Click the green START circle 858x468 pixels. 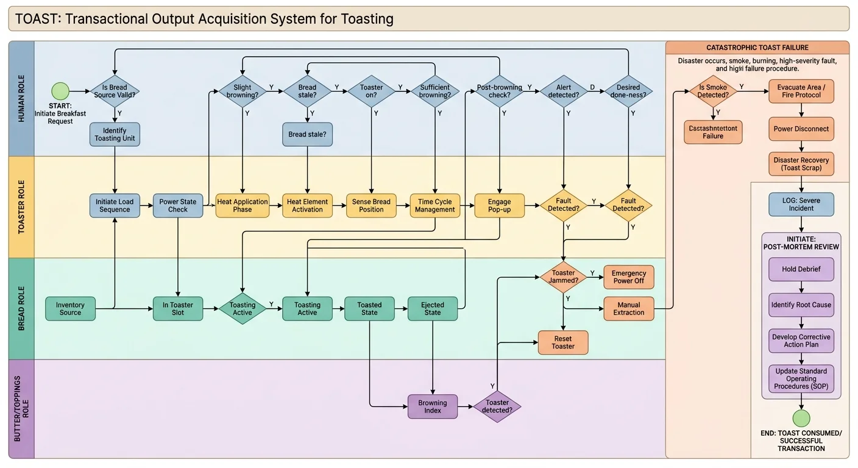point(60,91)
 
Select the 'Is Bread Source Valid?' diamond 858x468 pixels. point(115,91)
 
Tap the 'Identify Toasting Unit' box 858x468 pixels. point(115,135)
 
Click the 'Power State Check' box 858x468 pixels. point(178,205)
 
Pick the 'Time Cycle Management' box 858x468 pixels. point(434,205)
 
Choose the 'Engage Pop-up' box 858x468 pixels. point(500,205)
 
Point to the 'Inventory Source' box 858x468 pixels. point(70,308)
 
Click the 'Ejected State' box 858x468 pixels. point(433,308)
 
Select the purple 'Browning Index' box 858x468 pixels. point(433,406)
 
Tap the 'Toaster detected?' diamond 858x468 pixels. point(497,406)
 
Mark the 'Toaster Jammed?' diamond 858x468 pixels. point(563,277)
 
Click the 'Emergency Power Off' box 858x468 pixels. point(628,277)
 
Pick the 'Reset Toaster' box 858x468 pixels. point(563,342)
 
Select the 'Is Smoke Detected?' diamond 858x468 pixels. point(712,91)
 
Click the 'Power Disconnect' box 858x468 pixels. point(801,129)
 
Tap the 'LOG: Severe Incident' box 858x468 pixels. point(801,204)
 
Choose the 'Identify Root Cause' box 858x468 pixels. point(801,305)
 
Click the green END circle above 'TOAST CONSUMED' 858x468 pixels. point(801,418)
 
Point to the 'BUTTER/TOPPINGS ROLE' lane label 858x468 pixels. point(21,408)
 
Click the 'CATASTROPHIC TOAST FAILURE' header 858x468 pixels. point(757,48)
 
